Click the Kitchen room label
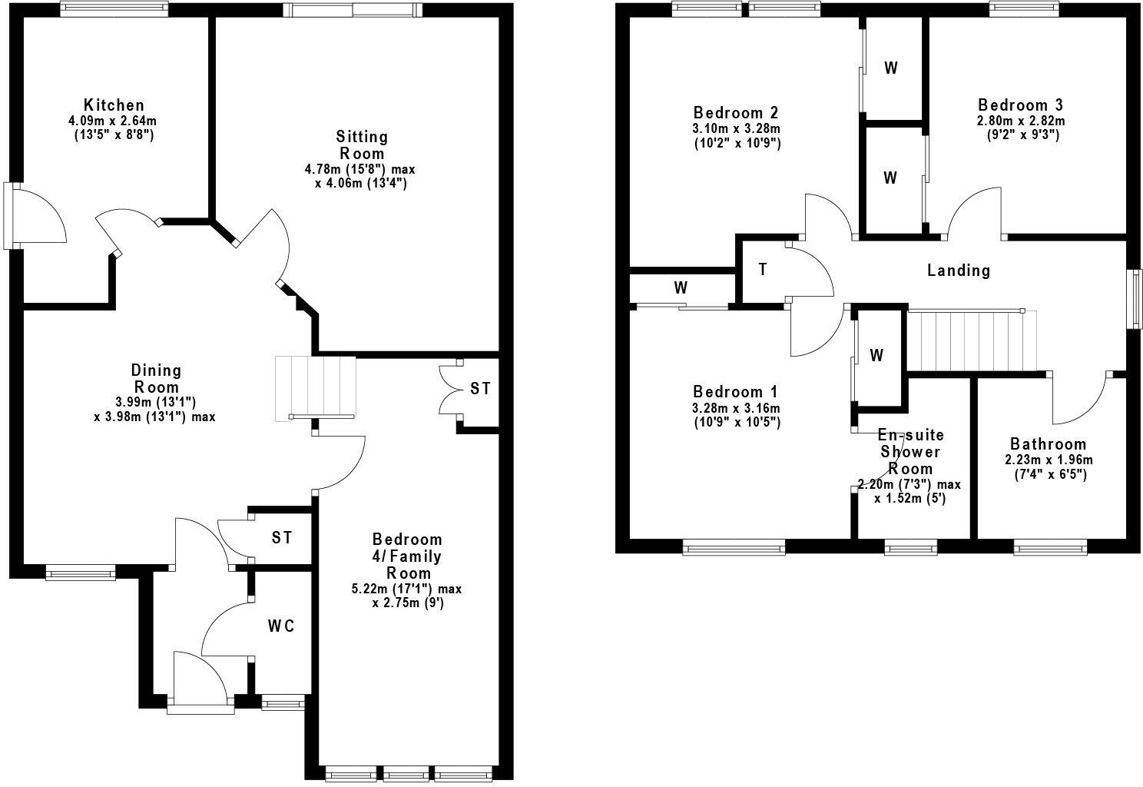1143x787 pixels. point(114,105)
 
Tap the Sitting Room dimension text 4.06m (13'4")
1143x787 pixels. point(361,184)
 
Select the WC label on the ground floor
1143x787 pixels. point(281,626)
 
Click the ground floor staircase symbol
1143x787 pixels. point(316,388)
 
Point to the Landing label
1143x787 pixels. point(958,271)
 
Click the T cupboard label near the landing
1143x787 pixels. point(762,270)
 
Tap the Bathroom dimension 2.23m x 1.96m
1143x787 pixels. point(1048,460)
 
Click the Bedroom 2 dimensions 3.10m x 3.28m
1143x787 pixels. point(737,128)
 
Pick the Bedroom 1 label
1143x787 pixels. point(736,390)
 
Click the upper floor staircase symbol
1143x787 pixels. point(972,339)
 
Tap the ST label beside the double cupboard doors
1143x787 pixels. point(480,389)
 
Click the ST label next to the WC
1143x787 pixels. point(282,538)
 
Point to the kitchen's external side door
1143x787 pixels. point(10,215)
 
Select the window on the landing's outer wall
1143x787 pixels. point(1133,300)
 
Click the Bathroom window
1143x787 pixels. point(1049,547)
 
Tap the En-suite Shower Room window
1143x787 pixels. point(910,547)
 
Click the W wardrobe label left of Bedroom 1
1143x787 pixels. point(681,288)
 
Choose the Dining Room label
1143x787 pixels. point(156,379)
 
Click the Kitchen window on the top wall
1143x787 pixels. point(114,9)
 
